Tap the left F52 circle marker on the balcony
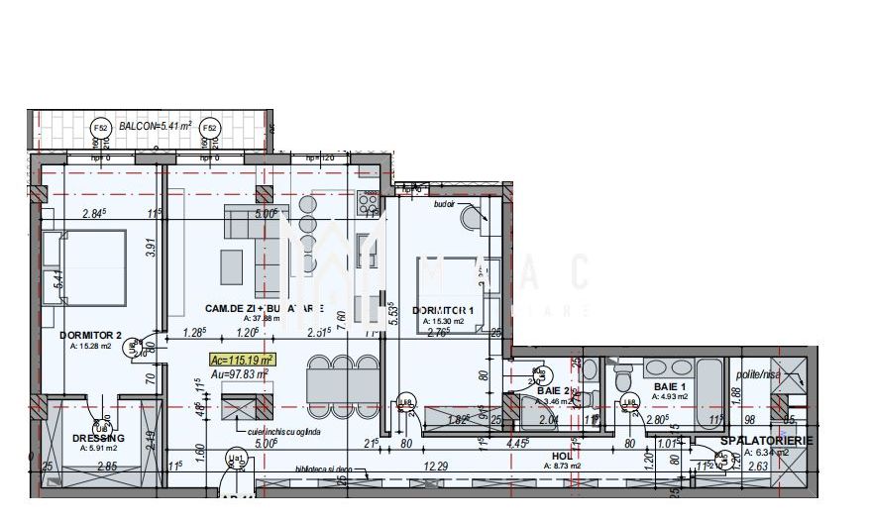[x=99, y=128]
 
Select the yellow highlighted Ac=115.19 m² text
[x=242, y=360]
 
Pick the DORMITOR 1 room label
[x=443, y=310]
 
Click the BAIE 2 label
[x=555, y=391]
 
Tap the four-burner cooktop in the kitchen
[x=368, y=203]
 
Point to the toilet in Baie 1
[x=623, y=377]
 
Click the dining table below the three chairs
[x=342, y=384]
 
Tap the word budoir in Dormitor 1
[x=444, y=205]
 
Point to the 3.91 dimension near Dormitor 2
[x=151, y=249]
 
